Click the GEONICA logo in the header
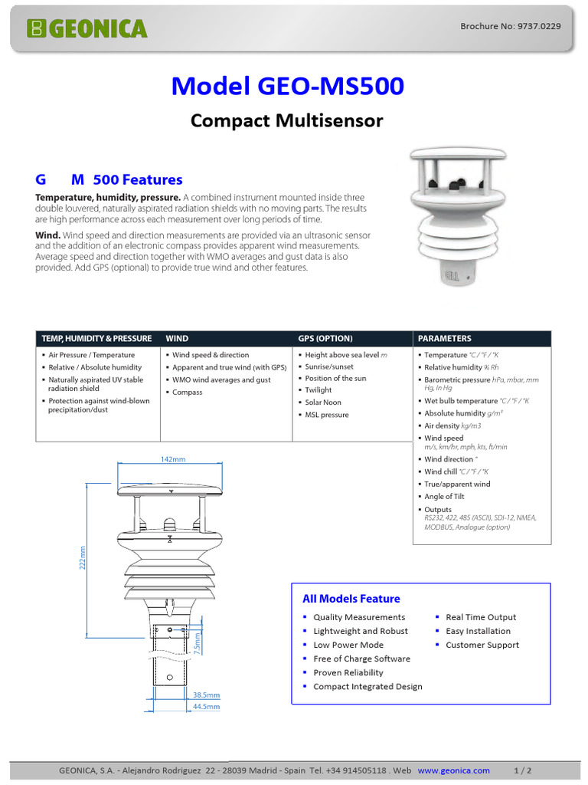[x=86, y=29]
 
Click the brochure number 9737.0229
[x=510, y=26]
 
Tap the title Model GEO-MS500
[x=287, y=86]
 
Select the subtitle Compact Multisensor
[x=286, y=121]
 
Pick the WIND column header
[x=177, y=338]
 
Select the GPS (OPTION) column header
[x=325, y=338]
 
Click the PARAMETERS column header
[x=445, y=338]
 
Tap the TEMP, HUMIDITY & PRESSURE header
[x=96, y=338]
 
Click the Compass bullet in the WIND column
[x=187, y=392]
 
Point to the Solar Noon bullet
[x=323, y=402]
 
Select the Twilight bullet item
[x=319, y=390]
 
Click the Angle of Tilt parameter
[x=444, y=497]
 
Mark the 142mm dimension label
[x=173, y=459]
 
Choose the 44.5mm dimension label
[x=206, y=707]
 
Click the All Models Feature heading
[x=351, y=599]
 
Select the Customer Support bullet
[x=482, y=645]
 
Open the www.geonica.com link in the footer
[x=454, y=770]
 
